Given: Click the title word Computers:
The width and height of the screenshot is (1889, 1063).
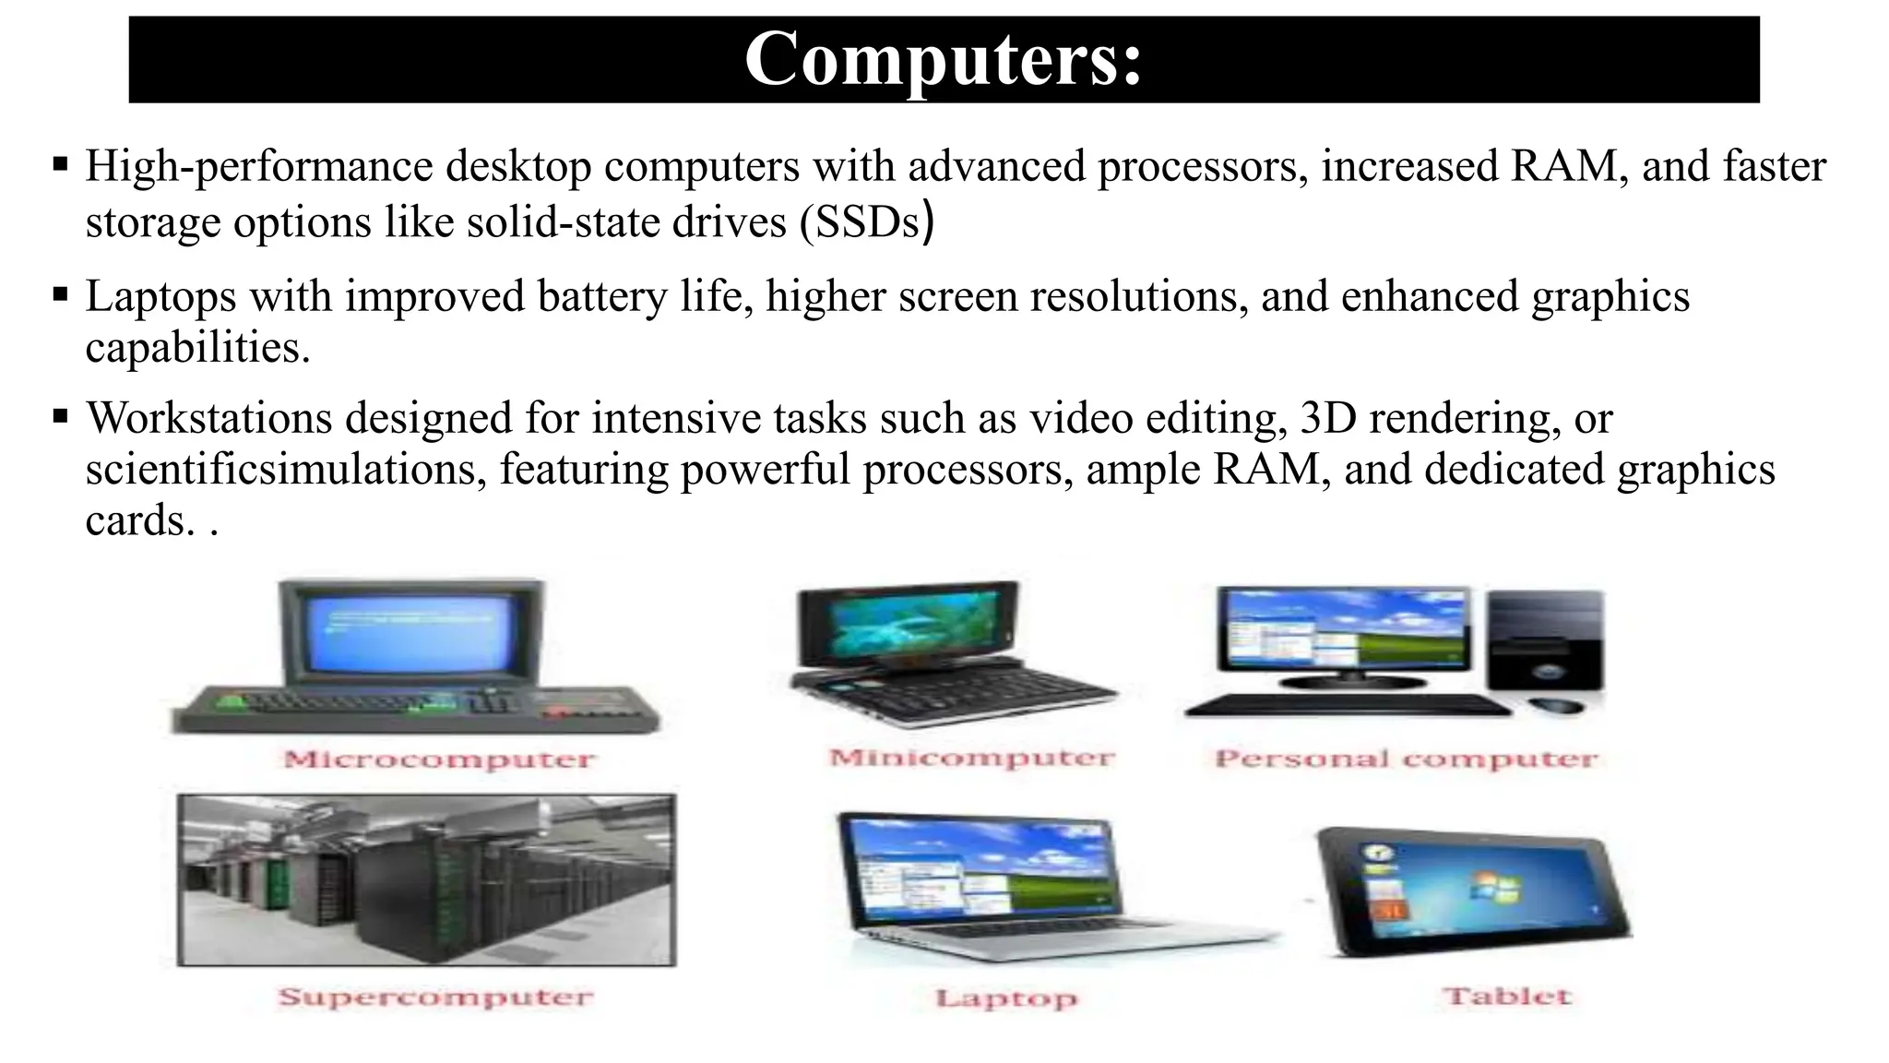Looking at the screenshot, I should pyautogui.click(x=943, y=59).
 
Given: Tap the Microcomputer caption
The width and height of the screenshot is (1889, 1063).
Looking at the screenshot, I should pyautogui.click(x=439, y=759).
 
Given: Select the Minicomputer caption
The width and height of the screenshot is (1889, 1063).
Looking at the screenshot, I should pyautogui.click(x=971, y=758).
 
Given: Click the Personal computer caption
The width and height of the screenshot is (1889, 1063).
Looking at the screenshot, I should pyautogui.click(x=1406, y=759).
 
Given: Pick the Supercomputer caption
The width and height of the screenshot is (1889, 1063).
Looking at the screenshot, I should pyautogui.click(x=435, y=997).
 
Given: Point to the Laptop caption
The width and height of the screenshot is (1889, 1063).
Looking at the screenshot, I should pyautogui.click(x=1005, y=998).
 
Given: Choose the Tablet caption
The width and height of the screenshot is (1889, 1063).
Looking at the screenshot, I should pyautogui.click(x=1507, y=997).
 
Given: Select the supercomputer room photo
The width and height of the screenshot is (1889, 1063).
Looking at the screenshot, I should pyautogui.click(x=426, y=879).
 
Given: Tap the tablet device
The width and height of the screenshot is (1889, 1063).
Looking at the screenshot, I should pyautogui.click(x=1471, y=891).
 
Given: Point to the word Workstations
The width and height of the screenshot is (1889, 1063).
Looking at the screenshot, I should pyautogui.click(x=208, y=418).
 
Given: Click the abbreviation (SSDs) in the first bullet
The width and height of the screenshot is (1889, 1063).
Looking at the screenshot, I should pyautogui.click(x=867, y=221).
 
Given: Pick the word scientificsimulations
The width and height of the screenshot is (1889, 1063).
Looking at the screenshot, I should pyautogui.click(x=286, y=469).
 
